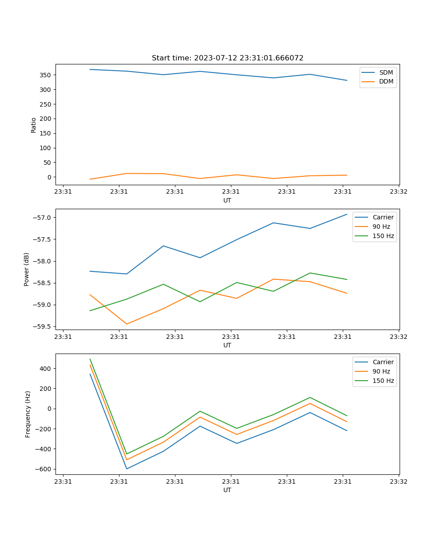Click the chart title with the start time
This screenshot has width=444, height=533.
227,58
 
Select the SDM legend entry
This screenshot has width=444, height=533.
386,72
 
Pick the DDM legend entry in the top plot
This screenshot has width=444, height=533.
386,81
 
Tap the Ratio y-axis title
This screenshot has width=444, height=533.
34,125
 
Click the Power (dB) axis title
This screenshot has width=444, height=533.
27,269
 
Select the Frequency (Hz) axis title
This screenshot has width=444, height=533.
28,414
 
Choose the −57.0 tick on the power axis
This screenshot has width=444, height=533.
43,218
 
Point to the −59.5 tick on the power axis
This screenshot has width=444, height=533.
43,326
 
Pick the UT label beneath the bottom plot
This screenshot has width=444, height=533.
227,490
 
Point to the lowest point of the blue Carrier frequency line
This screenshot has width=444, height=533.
127,469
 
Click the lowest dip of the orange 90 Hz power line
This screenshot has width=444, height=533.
127,324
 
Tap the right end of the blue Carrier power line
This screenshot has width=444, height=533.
347,214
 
